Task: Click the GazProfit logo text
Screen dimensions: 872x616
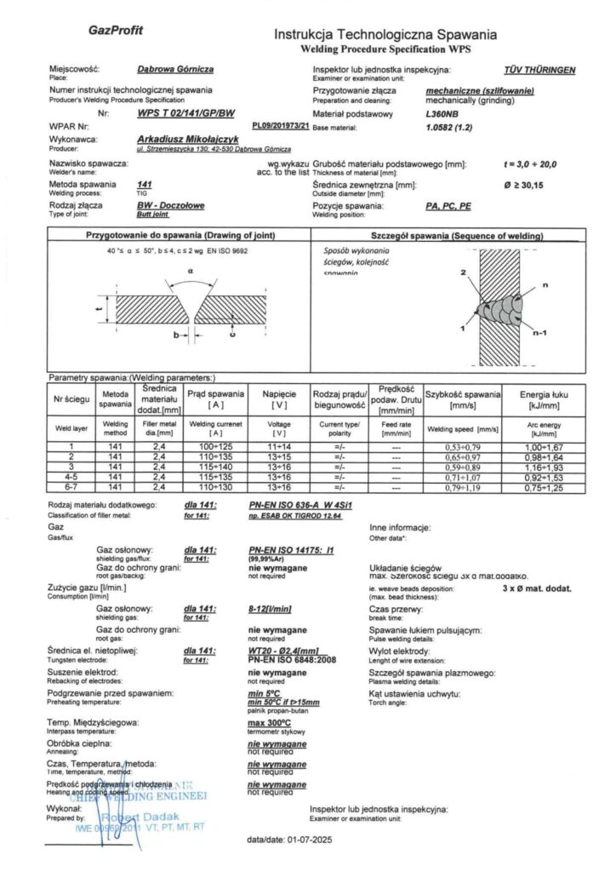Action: coord(116,31)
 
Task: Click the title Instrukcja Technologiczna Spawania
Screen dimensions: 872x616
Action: coord(385,35)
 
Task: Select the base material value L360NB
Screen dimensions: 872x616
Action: coord(440,112)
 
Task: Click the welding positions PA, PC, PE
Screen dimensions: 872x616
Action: coord(448,205)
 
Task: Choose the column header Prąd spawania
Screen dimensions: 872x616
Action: coord(215,394)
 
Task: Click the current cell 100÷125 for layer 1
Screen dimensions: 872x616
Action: coord(215,446)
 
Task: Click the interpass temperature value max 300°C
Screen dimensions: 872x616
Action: coord(269,723)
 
